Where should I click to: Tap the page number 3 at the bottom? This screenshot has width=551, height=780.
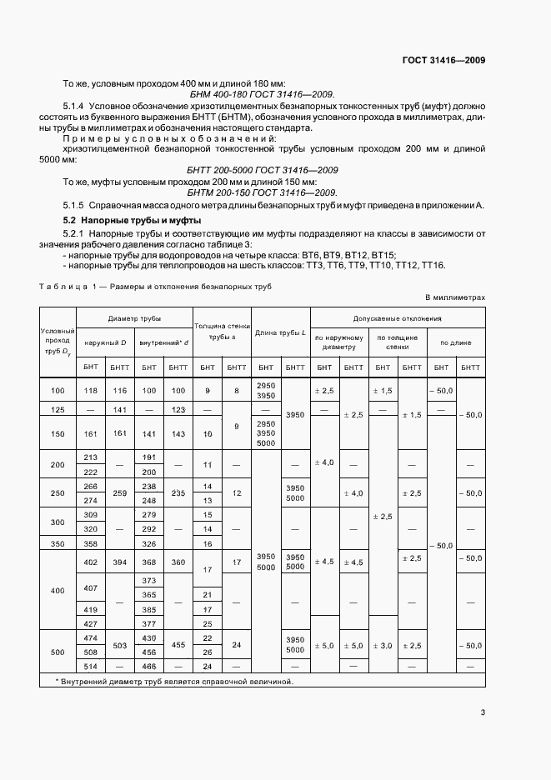pos(483,712)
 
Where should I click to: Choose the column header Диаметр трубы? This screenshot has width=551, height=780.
pos(134,318)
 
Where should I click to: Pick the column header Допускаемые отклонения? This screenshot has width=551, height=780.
pos(398,318)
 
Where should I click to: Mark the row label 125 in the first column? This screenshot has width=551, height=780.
pos(58,409)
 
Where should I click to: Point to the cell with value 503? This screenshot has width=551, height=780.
pos(119,645)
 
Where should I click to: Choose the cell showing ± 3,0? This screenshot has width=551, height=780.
pos(383,645)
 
